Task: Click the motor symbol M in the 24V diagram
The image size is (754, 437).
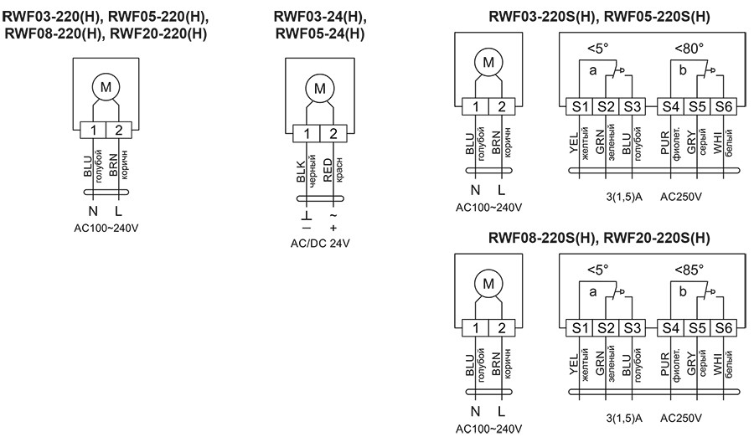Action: click(318, 88)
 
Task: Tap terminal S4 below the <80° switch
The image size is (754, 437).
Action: click(669, 106)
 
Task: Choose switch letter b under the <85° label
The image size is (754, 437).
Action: click(683, 292)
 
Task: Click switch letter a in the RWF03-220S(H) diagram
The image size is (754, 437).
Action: click(592, 72)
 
